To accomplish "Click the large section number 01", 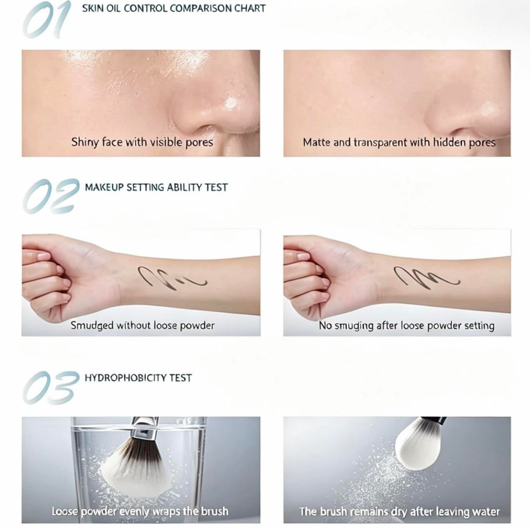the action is tap(47, 20).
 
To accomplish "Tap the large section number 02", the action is tap(51, 196).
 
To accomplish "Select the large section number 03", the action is tap(51, 387).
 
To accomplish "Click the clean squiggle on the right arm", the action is tap(426, 277).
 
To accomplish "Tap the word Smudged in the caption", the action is tap(92, 326).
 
